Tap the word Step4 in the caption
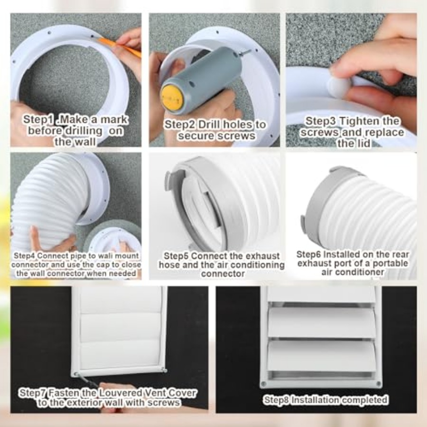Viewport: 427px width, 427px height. [x=24, y=256]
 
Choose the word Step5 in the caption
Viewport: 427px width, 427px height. [x=176, y=256]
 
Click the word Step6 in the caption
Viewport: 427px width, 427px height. [x=308, y=254]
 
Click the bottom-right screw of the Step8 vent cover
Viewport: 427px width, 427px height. [x=378, y=384]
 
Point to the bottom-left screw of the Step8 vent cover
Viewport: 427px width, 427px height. [x=263, y=384]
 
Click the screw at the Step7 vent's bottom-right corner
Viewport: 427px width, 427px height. [x=165, y=370]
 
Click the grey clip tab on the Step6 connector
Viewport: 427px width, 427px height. [x=303, y=222]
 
